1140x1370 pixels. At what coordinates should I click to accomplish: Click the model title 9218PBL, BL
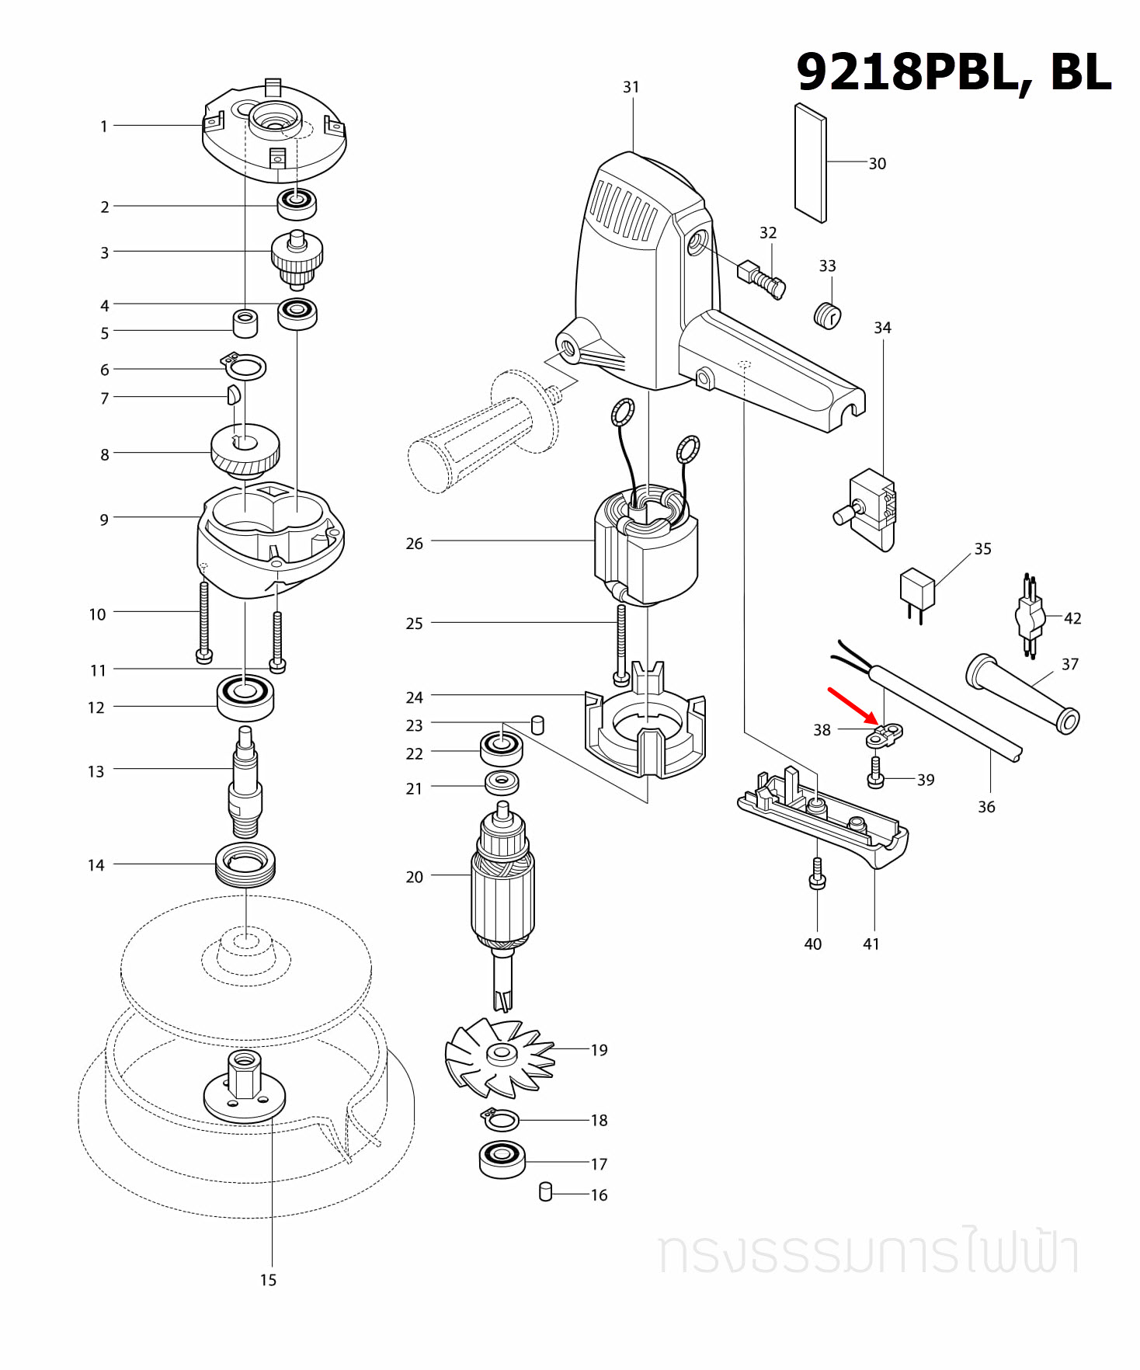[953, 72]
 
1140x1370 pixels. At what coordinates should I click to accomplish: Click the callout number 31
[631, 87]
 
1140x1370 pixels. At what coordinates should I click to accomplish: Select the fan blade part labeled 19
[499, 1056]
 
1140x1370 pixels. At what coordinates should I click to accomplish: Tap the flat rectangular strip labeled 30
[810, 163]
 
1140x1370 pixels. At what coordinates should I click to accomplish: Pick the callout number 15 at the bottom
[268, 1280]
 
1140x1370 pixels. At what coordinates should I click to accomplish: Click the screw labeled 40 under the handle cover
[817, 873]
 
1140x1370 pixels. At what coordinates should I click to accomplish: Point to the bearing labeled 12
[245, 697]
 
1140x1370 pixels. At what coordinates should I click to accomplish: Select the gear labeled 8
[245, 450]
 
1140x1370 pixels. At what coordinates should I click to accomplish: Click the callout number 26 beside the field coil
[414, 544]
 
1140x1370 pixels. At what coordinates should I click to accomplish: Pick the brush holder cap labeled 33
[827, 315]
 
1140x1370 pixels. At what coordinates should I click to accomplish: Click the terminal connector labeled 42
[1030, 617]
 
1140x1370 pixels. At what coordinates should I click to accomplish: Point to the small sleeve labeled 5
[245, 323]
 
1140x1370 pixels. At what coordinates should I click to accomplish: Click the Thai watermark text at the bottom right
[868, 1252]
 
